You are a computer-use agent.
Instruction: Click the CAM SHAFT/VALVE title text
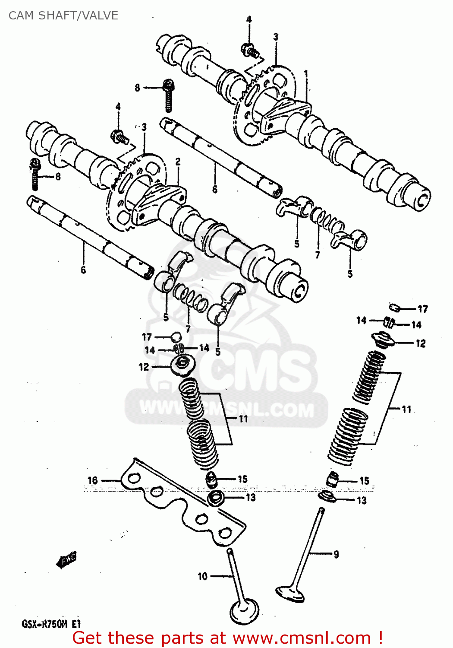tap(63, 16)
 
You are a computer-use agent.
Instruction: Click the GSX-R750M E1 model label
tap(51, 624)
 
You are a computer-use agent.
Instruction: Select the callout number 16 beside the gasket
tap(93, 480)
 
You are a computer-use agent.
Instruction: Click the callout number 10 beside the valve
tap(202, 576)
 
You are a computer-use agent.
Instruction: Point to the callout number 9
tap(336, 554)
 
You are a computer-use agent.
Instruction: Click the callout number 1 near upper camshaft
tap(306, 74)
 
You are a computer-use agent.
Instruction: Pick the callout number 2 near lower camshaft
tap(178, 162)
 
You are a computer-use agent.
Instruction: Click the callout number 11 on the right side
tap(406, 409)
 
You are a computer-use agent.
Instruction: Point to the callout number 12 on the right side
tap(420, 343)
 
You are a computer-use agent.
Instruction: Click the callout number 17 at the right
tap(422, 308)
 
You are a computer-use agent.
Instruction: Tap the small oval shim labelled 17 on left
tap(176, 336)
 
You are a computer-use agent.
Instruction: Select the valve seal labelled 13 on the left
tap(215, 498)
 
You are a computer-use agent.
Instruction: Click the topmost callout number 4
tap(249, 19)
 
